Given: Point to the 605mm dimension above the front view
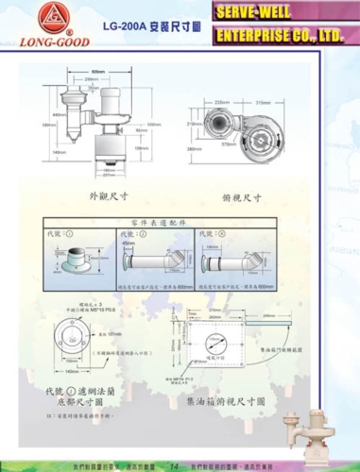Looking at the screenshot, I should [98, 72].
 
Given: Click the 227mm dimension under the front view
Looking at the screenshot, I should [110, 175].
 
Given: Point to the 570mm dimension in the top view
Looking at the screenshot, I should [228, 144].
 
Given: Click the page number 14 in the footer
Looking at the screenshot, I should [174, 465].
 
